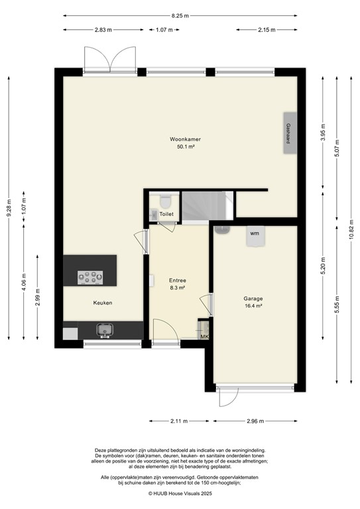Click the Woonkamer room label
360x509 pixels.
pos(185,139)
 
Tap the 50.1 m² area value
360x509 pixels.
pos(185,147)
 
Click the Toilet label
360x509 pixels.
pos(166,215)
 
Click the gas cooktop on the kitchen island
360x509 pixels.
pos(91,278)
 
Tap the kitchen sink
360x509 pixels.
pos(104,329)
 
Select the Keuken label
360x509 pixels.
pos(103,303)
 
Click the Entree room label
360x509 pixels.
pos(177,280)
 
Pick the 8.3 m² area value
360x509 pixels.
pos(177,288)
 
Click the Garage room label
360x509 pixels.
pos(253,298)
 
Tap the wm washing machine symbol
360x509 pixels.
pos(254,234)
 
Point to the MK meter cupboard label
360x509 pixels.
pos(204,337)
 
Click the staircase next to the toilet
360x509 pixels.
pos(204,203)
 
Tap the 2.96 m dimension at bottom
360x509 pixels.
pos(254,421)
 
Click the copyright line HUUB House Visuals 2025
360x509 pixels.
pos(180,494)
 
